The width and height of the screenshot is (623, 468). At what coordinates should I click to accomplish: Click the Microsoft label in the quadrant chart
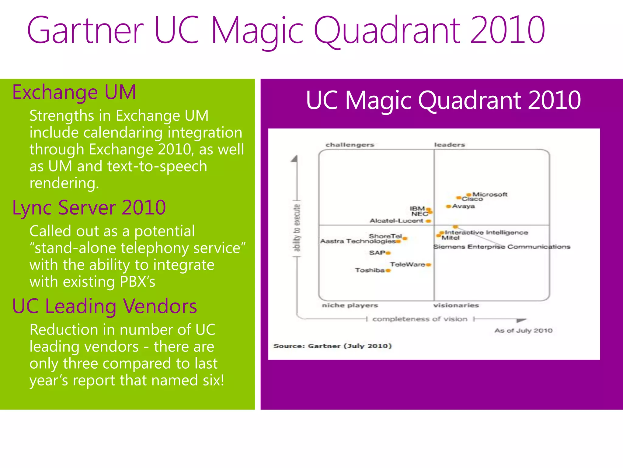pyautogui.click(x=489, y=194)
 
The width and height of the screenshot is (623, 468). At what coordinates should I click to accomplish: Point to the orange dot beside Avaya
pyautogui.click(x=448, y=207)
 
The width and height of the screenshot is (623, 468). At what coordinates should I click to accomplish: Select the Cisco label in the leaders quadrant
pyautogui.click(x=472, y=199)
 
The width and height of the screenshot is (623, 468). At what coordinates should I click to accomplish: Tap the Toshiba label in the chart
pyautogui.click(x=370, y=270)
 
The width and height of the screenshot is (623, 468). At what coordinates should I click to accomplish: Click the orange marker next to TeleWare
pyautogui.click(x=429, y=265)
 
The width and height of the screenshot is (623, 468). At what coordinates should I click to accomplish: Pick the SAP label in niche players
pyautogui.click(x=377, y=253)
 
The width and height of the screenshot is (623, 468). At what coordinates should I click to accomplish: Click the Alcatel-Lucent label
pyautogui.click(x=396, y=221)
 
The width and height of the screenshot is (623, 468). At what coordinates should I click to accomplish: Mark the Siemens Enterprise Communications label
pyautogui.click(x=502, y=247)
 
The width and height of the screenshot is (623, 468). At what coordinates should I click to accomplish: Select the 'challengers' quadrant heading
pyautogui.click(x=350, y=145)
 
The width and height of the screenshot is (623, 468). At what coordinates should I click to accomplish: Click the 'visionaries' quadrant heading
pyautogui.click(x=456, y=305)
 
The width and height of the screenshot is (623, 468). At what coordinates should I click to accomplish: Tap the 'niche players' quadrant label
pyautogui.click(x=350, y=305)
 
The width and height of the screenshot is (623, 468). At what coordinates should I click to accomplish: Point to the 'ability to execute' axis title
pyautogui.click(x=297, y=228)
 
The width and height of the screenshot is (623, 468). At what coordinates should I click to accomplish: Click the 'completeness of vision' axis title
pyautogui.click(x=420, y=319)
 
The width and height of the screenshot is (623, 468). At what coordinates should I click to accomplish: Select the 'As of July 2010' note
pyautogui.click(x=523, y=331)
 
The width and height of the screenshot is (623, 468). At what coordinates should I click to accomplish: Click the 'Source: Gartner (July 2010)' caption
pyautogui.click(x=332, y=346)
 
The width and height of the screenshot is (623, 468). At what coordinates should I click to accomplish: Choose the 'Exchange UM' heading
pyautogui.click(x=74, y=92)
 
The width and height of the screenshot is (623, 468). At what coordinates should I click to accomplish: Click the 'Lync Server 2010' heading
pyautogui.click(x=89, y=208)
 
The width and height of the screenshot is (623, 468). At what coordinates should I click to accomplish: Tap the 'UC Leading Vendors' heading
pyautogui.click(x=104, y=306)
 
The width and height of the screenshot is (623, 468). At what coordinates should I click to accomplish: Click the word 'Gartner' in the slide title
pyautogui.click(x=85, y=30)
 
